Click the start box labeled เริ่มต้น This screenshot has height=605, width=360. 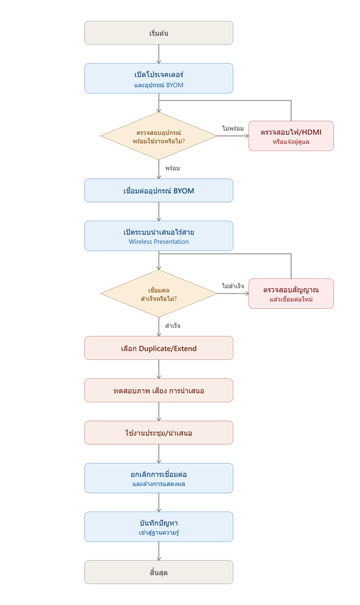(x=159, y=33)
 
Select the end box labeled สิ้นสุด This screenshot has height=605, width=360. (x=159, y=572)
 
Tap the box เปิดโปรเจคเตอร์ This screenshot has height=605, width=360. (x=159, y=79)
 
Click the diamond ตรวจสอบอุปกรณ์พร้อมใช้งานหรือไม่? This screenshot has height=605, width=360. (x=159, y=136)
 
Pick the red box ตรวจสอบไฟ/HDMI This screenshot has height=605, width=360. (x=291, y=136)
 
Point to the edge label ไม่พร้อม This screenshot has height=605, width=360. (x=233, y=128)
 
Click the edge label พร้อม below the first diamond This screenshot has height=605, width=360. (x=172, y=168)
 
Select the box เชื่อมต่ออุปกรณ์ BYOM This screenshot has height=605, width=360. (x=159, y=190)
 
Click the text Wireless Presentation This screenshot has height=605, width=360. (x=159, y=242)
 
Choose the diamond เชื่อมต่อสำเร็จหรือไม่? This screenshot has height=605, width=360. (x=159, y=294)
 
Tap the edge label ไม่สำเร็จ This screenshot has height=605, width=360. (x=233, y=286)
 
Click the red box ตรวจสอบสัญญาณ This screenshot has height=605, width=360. (x=291, y=294)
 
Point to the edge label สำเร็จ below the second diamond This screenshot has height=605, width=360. (x=172, y=326)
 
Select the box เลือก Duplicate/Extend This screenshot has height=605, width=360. (x=159, y=348)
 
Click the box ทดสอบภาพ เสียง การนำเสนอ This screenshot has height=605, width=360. (x=159, y=390)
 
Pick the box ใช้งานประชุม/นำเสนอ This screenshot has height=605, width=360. (x=159, y=432)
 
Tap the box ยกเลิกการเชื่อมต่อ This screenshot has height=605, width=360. (x=159, y=478)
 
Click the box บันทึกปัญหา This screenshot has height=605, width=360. (x=159, y=526)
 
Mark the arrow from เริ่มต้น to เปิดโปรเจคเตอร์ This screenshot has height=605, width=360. (x=159, y=54)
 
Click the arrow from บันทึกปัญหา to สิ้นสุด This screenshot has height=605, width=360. (x=159, y=551)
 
